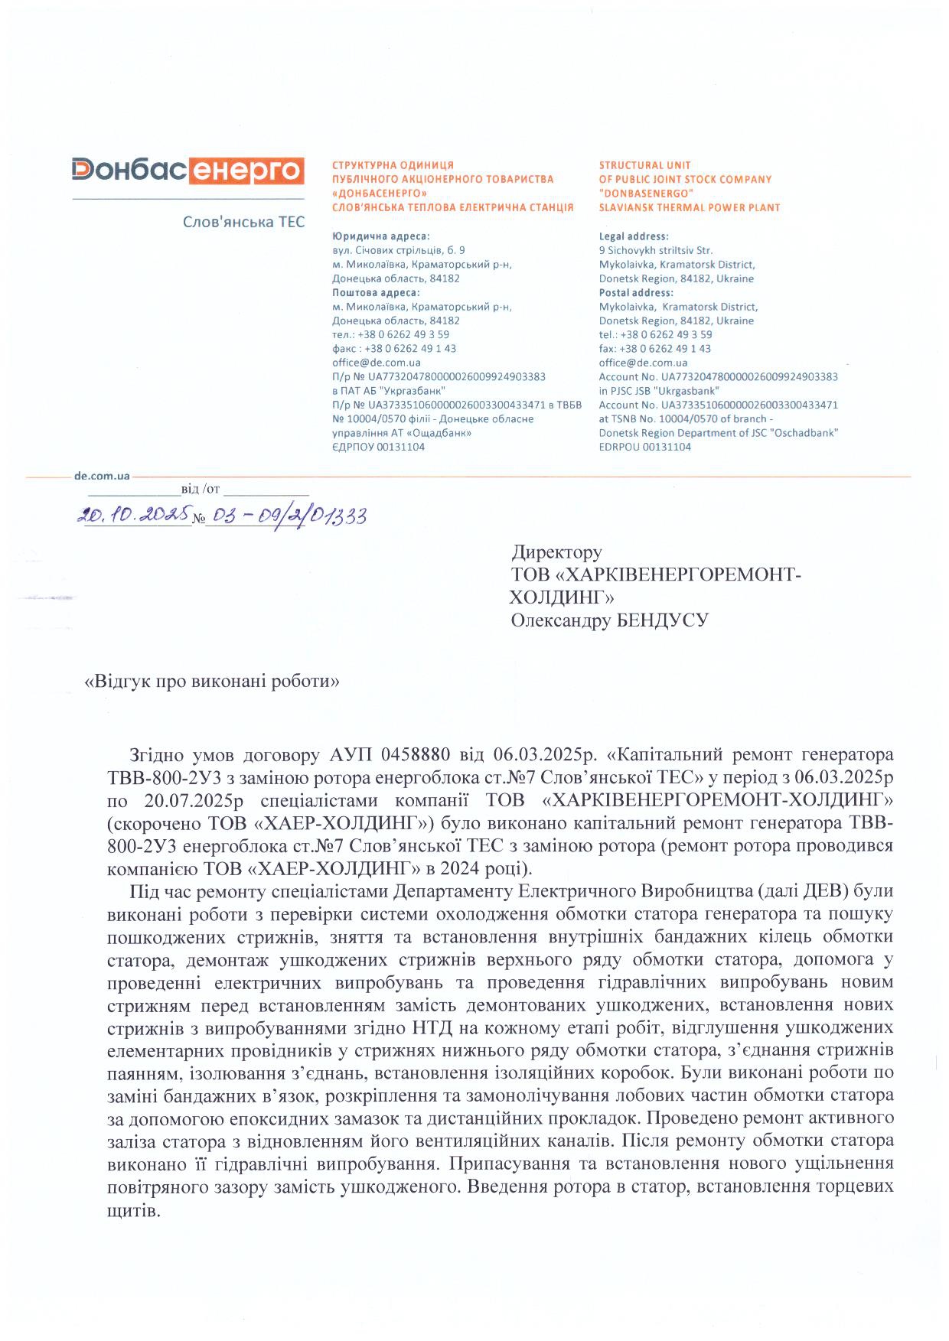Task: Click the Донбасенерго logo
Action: [x=188, y=171]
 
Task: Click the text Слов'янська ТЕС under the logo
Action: [x=243, y=222]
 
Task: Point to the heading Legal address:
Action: [x=634, y=236]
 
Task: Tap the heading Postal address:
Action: [x=636, y=292]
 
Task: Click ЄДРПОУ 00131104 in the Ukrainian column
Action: [x=378, y=447]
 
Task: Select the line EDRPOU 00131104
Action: [x=644, y=447]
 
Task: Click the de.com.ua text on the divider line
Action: [x=102, y=476]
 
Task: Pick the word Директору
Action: [x=556, y=552]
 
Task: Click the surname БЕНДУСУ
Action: [x=662, y=620]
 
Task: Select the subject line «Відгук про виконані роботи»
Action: [x=210, y=681]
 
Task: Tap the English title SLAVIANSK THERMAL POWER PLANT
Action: [x=689, y=207]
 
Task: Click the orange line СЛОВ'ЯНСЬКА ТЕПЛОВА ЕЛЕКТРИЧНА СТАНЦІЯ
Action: [x=452, y=207]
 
